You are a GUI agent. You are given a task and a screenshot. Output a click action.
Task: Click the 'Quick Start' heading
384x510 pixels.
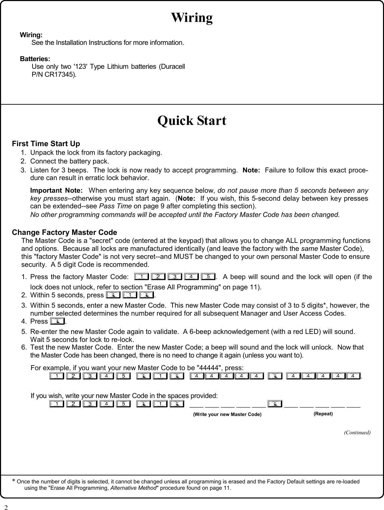coord(192,121)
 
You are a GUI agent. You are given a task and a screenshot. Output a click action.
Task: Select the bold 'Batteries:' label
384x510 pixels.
coord(35,59)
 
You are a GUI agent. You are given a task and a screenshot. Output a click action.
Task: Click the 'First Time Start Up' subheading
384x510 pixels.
coord(46,144)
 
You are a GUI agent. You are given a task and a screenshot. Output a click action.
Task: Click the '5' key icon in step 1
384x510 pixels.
coord(207,276)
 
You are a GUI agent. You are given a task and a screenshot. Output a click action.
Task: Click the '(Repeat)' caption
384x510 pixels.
coord(323,414)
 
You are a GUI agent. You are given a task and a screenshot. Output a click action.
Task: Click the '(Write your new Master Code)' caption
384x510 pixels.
coord(227,414)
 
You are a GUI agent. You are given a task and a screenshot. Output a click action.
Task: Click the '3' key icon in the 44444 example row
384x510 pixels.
coord(89,376)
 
